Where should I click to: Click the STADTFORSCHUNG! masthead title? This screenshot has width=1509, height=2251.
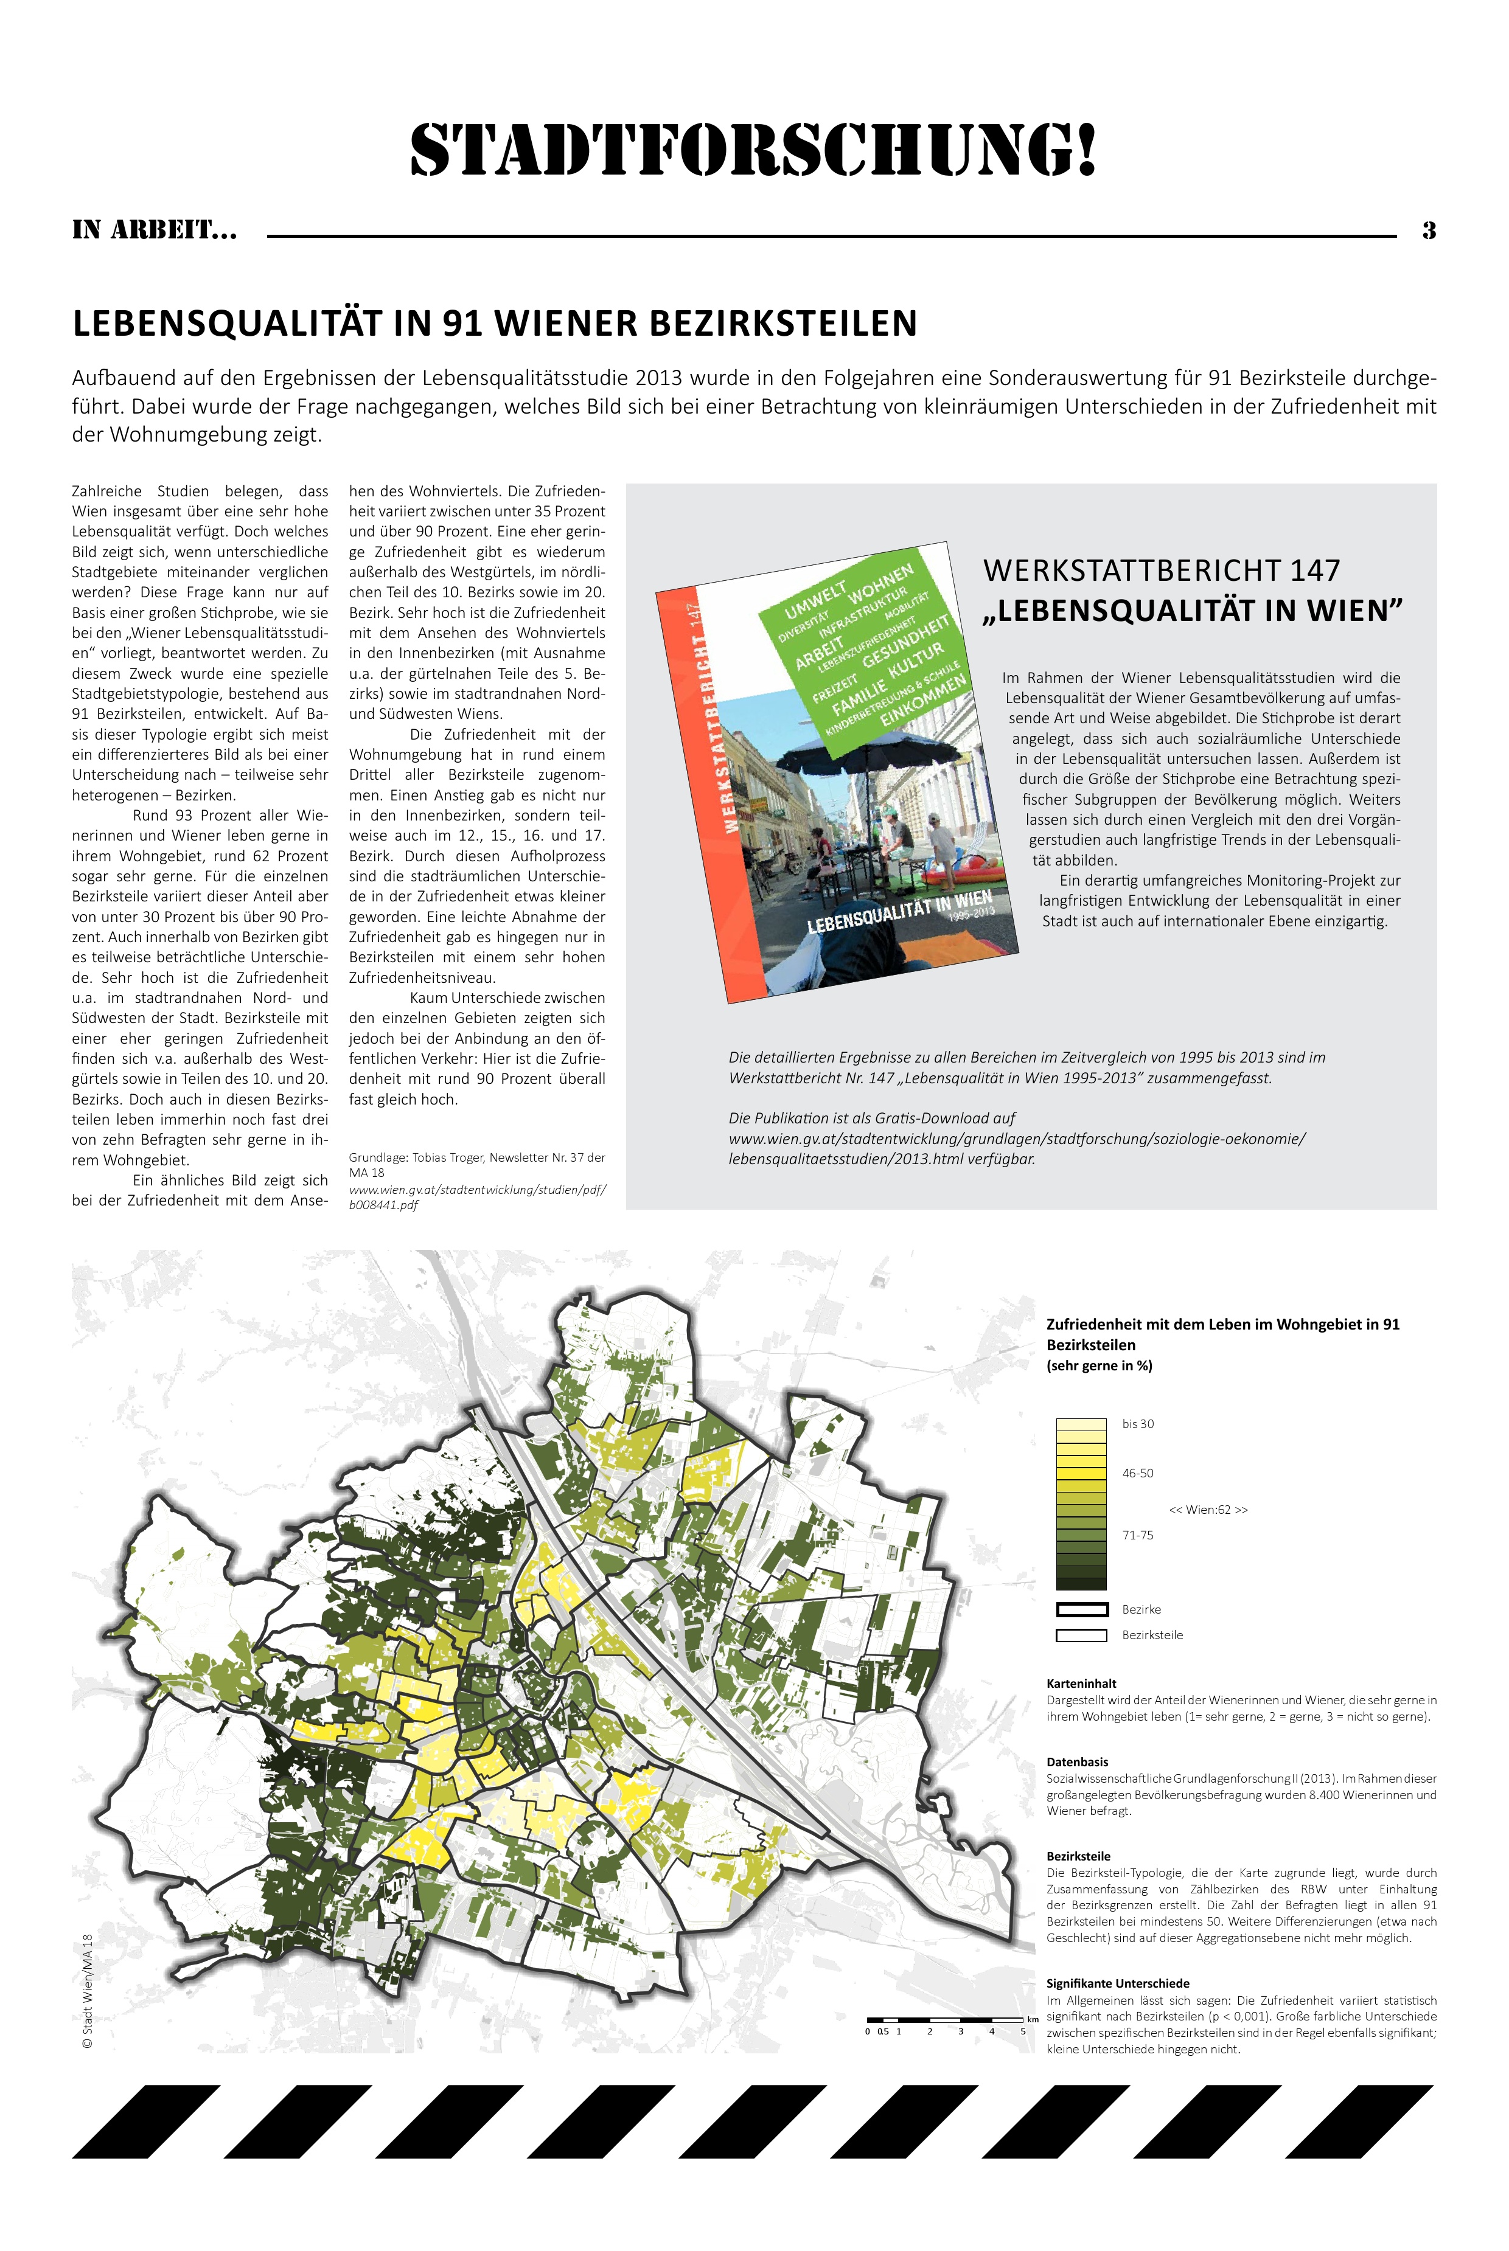pos(753,152)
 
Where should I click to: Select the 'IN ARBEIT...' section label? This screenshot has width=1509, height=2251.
pos(154,231)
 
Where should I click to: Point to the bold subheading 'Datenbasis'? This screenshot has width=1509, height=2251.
pos(1077,1763)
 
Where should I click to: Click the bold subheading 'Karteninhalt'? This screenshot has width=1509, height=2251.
pos(1081,1684)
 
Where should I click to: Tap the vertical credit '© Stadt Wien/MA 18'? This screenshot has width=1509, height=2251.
pos(86,1991)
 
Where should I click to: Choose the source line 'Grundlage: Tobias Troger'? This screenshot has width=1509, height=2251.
pos(476,1158)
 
